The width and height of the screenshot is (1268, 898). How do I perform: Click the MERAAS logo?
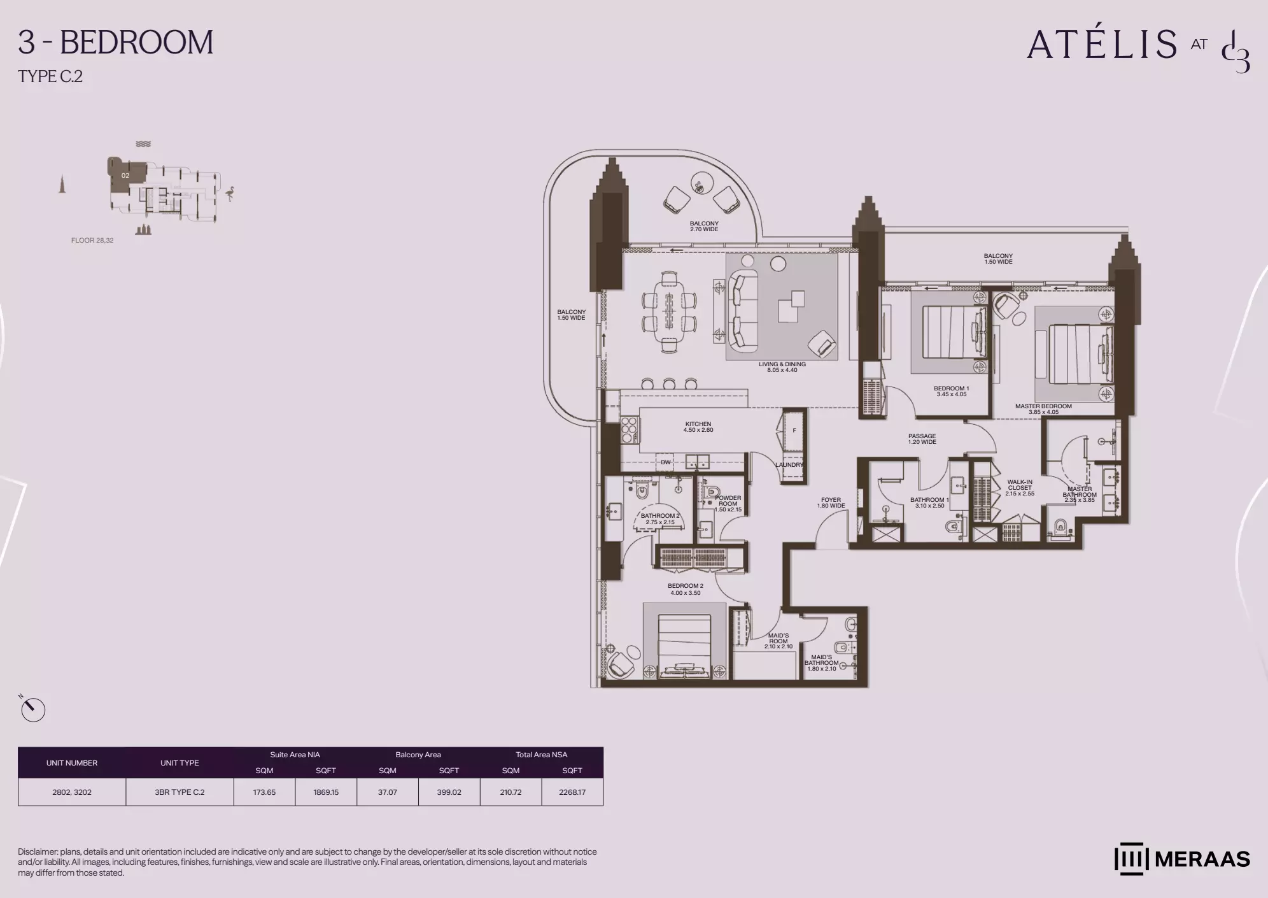point(1182,859)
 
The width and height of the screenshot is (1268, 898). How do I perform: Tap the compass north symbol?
point(32,709)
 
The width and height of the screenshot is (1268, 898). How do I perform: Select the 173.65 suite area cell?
point(264,792)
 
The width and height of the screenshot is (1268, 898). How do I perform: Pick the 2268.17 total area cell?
point(572,792)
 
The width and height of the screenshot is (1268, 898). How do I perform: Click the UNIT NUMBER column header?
point(72,763)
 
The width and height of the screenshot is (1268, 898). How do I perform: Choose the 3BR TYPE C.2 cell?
point(180,792)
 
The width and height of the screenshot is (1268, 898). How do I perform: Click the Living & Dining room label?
point(782,367)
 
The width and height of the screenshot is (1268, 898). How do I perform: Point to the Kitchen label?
point(698,427)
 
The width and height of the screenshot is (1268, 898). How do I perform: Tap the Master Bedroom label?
point(1043,409)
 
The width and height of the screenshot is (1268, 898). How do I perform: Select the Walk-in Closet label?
point(1020,488)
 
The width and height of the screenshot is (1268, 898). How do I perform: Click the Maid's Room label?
point(778,641)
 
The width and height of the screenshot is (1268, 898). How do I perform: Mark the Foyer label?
point(831,503)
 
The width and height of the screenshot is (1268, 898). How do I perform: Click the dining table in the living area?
point(668,312)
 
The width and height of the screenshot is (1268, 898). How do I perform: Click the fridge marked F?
point(794,431)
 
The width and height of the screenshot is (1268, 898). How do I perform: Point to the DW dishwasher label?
point(665,462)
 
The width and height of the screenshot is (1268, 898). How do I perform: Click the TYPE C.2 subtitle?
point(50,76)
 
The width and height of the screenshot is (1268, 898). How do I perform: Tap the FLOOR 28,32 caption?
point(92,241)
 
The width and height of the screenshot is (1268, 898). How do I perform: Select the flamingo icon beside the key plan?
point(230,194)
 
